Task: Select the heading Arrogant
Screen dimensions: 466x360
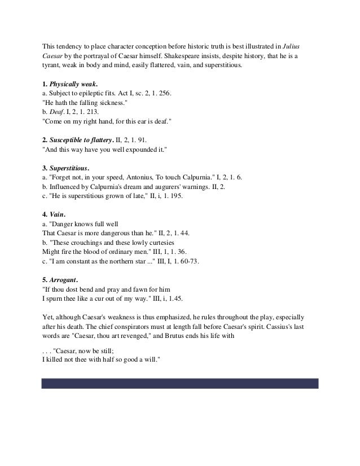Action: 64,279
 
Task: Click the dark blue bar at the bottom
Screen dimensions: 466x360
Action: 180,383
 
